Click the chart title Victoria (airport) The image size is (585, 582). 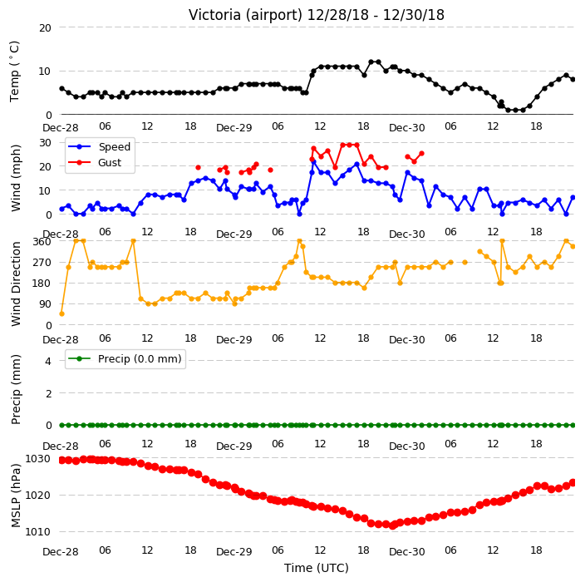(x=245, y=15)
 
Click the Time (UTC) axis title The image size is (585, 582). (x=317, y=568)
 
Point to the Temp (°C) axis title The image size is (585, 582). (x=14, y=72)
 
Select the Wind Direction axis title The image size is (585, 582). (x=15, y=284)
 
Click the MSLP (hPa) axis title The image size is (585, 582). (x=15, y=496)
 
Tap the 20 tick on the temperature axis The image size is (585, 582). (x=45, y=28)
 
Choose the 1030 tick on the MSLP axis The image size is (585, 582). (x=37, y=458)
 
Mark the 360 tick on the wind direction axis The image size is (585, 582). (x=42, y=242)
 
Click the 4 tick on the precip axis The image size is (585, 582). (x=48, y=361)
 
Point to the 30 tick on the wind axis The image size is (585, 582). (x=45, y=143)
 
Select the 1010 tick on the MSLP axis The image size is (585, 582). (x=37, y=531)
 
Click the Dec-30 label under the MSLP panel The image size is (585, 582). (x=406, y=552)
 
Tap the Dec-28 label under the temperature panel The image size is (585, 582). (x=61, y=128)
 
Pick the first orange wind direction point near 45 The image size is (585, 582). (x=62, y=314)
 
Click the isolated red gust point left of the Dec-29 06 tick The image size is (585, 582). (x=271, y=170)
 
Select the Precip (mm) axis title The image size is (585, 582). (x=15, y=389)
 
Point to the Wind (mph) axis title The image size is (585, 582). (x=15, y=178)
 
